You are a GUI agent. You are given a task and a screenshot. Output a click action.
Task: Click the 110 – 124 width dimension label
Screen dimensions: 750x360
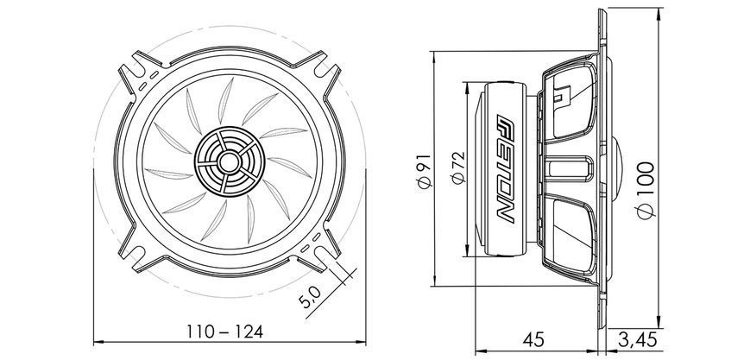224,332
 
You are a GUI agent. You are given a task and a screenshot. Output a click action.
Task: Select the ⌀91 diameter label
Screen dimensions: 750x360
425,170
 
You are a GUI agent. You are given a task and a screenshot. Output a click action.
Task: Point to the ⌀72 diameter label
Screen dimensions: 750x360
458,167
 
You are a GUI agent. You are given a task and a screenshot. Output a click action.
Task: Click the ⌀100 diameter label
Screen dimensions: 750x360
646,190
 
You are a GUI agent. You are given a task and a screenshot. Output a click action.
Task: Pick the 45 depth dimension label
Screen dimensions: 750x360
533,340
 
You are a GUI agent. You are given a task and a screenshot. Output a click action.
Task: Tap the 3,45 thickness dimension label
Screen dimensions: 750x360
638,340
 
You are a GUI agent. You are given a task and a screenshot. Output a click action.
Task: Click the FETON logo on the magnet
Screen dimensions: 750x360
506,168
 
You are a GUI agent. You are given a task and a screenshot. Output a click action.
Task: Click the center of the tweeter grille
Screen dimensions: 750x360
230,161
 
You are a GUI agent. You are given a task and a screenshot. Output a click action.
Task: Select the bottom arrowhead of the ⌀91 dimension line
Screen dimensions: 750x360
434,281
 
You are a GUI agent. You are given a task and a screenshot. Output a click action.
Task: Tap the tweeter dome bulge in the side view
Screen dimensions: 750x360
617,168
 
